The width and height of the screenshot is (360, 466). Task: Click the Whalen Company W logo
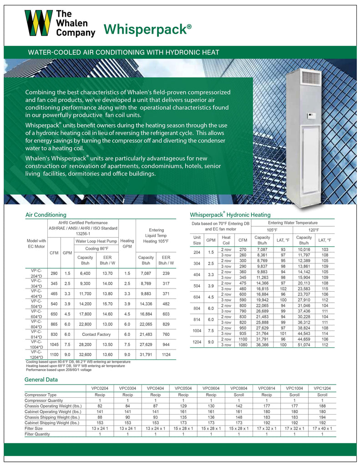[x=38, y=23]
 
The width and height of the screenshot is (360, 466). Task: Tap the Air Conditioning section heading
[x=46, y=214]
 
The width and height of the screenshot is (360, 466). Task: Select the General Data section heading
[x=41, y=380]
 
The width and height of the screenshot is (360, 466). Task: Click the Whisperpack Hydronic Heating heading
[x=230, y=214]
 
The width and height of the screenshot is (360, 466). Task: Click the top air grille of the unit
[x=309, y=76]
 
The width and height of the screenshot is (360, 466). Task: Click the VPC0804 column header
[x=239, y=388]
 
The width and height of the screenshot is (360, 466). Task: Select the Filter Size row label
[x=35, y=428]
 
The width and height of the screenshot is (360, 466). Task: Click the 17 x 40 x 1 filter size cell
[x=322, y=428]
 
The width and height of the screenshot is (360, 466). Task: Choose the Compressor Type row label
[x=41, y=395]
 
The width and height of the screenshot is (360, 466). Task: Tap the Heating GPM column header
[x=127, y=244]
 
